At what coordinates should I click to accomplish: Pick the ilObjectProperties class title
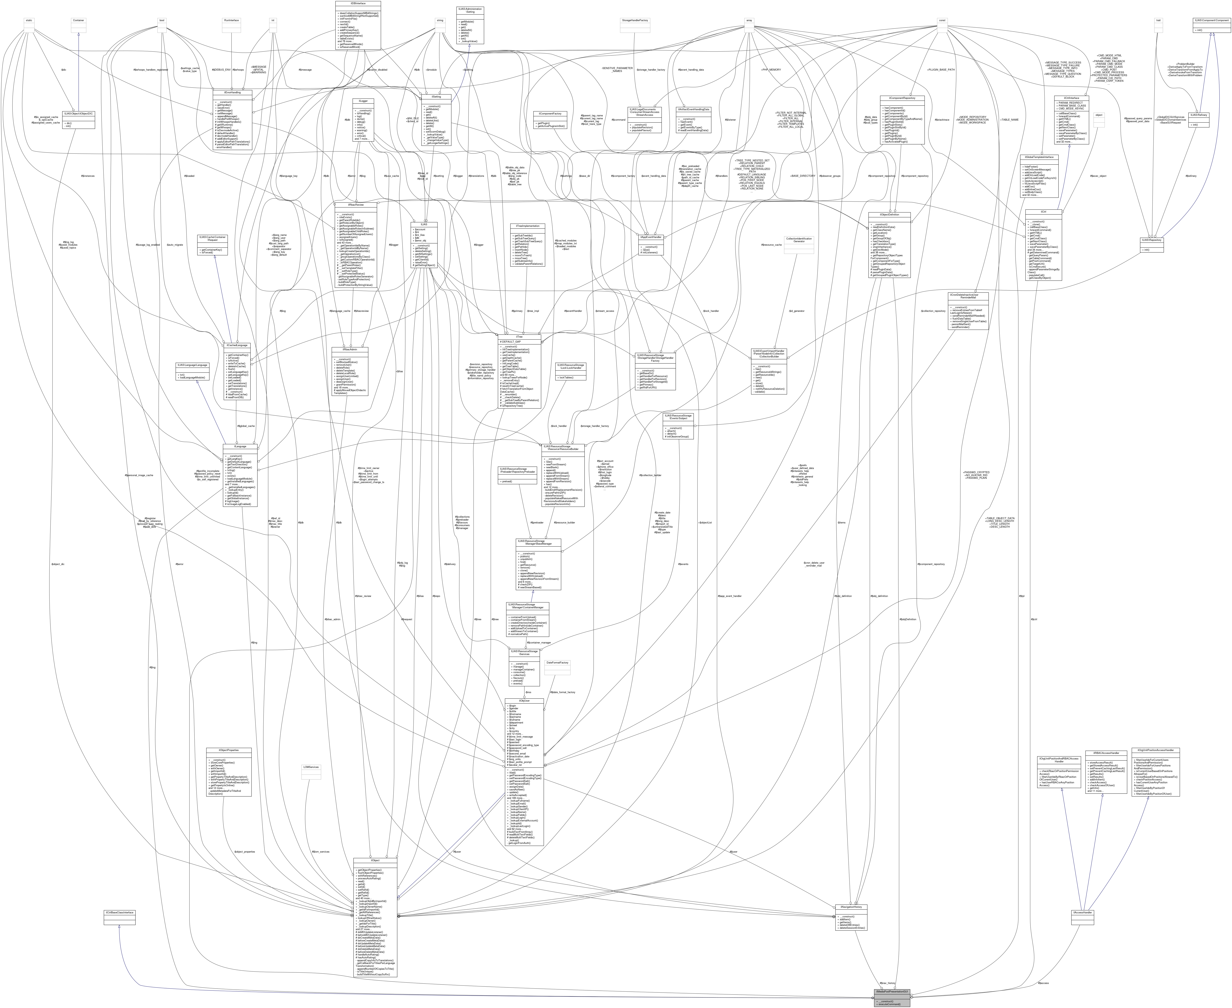pos(229,750)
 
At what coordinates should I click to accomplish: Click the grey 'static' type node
pos(28,20)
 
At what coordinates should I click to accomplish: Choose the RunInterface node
pos(232,20)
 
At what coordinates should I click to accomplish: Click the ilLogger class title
pos(367,101)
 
